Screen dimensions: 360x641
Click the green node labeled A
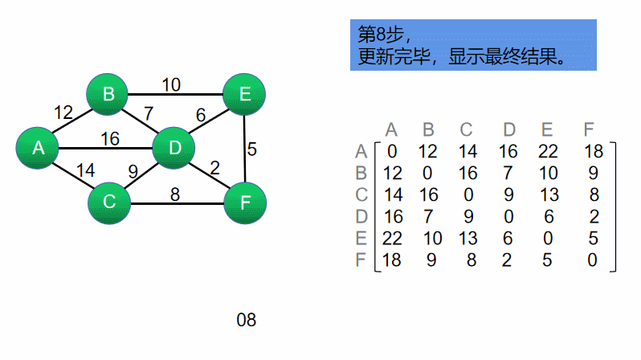click(x=38, y=148)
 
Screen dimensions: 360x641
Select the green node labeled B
click(x=108, y=95)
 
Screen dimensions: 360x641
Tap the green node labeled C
click(x=109, y=202)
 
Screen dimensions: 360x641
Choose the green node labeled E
click(x=245, y=95)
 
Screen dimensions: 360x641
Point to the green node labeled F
click(x=245, y=202)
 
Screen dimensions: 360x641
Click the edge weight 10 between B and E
click(x=170, y=84)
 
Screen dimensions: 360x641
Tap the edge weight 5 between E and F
click(x=251, y=149)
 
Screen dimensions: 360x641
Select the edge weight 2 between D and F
click(x=214, y=167)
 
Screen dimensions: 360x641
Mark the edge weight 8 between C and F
click(x=174, y=193)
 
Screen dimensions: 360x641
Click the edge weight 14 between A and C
click(x=85, y=170)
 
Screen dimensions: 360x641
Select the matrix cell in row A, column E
click(x=548, y=151)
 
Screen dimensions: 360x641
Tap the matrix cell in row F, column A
click(x=392, y=260)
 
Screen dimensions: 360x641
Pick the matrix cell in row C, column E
click(x=548, y=194)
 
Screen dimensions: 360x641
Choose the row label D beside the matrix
click(x=361, y=216)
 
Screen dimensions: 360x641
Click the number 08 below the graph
click(x=246, y=320)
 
